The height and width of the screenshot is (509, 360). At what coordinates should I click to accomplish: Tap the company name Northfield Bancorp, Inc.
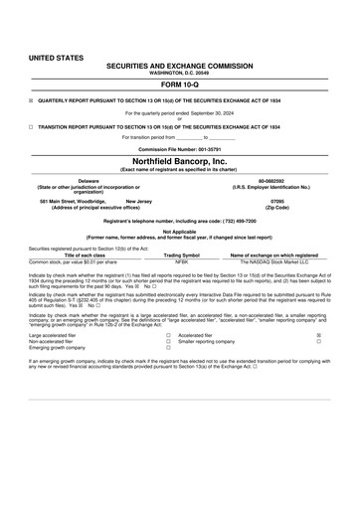point(180,160)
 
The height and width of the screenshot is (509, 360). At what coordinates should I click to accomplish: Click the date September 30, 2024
point(209,114)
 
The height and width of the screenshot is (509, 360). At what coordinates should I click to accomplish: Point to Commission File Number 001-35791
point(180,148)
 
